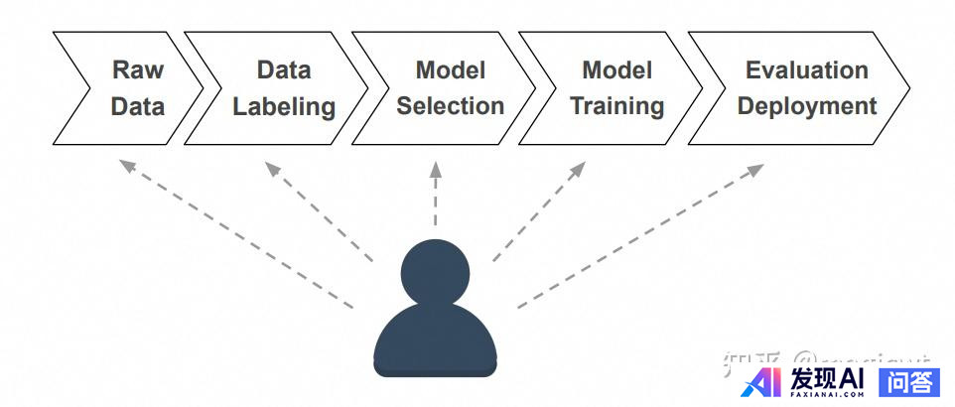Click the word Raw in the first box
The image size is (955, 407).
[x=138, y=70]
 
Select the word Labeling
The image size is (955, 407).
[x=284, y=106]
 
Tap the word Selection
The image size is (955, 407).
[x=451, y=106]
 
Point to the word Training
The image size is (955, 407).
[x=617, y=106]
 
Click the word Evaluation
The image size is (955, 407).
[x=807, y=70]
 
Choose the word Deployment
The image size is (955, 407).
[x=807, y=106]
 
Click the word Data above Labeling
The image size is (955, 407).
[x=284, y=70]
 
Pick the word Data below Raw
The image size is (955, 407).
[x=138, y=106]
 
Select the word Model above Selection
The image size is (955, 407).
[x=451, y=70]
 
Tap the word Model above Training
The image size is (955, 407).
[x=617, y=70]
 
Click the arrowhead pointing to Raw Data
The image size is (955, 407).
[x=123, y=164]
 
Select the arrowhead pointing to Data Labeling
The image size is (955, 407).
[x=271, y=167]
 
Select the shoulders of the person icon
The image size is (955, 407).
[x=435, y=342]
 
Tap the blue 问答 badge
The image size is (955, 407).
[x=909, y=381]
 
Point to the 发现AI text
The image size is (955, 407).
[x=827, y=379]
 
